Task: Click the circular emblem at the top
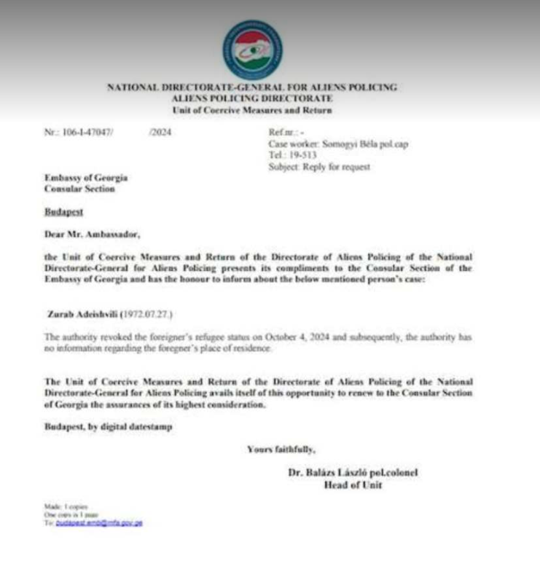[253, 50]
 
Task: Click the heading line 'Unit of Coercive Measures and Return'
[252, 110]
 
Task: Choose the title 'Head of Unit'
[353, 485]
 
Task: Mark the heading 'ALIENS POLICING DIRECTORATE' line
[252, 98]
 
